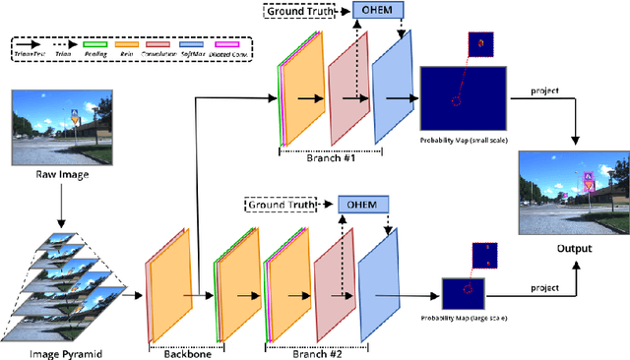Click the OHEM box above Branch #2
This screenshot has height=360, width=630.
click(363, 204)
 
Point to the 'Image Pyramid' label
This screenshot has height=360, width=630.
click(58, 350)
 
